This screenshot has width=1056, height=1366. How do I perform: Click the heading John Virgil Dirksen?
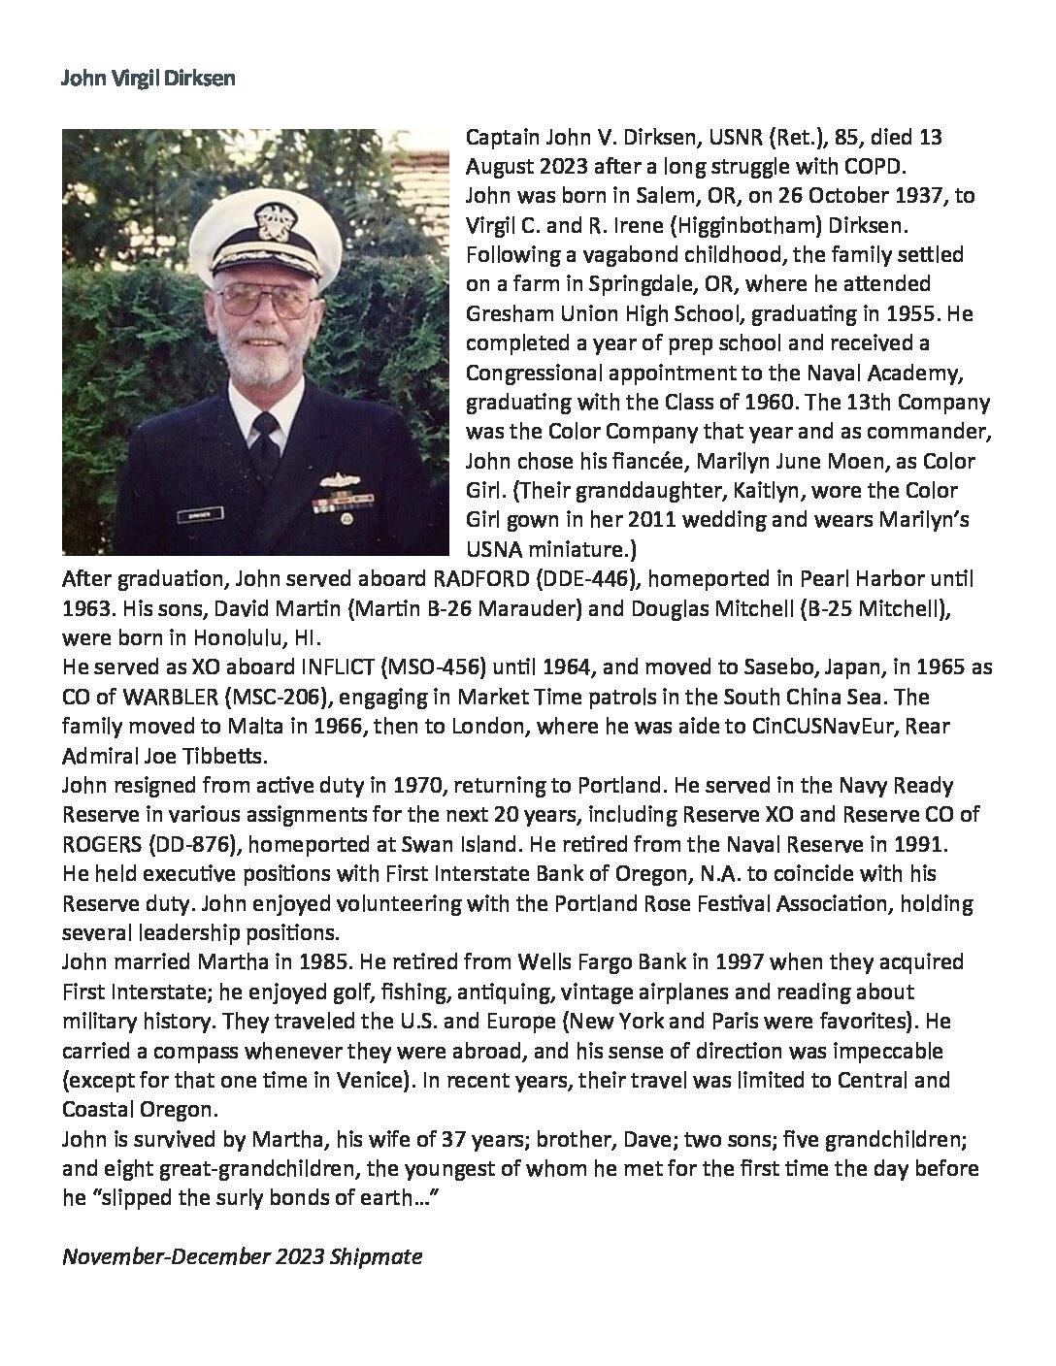pos(148,79)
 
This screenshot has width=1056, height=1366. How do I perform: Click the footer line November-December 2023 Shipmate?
pos(242,1257)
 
